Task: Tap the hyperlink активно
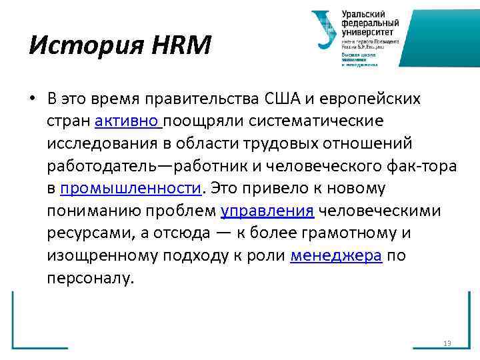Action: pyautogui.click(x=128, y=122)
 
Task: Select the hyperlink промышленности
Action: pyautogui.click(x=130, y=189)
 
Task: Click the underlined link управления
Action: pyautogui.click(x=267, y=211)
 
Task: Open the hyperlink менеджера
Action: pyautogui.click(x=336, y=255)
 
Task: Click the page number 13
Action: pyautogui.click(x=447, y=343)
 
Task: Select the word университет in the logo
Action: pyautogui.click(x=368, y=31)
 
